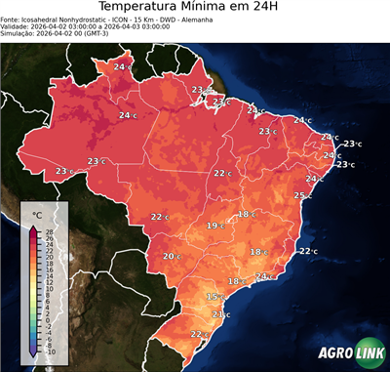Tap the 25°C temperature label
tap(301, 195)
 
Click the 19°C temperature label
tap(214, 226)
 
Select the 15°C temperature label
tap(214, 297)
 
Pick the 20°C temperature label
tap(171, 257)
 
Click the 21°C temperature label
tap(218, 314)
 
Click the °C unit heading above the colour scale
tap(37, 214)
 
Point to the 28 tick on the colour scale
tap(49, 231)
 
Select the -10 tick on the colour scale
tap(50, 351)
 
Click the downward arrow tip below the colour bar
tap(32, 354)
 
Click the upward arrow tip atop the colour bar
tap(32, 227)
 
